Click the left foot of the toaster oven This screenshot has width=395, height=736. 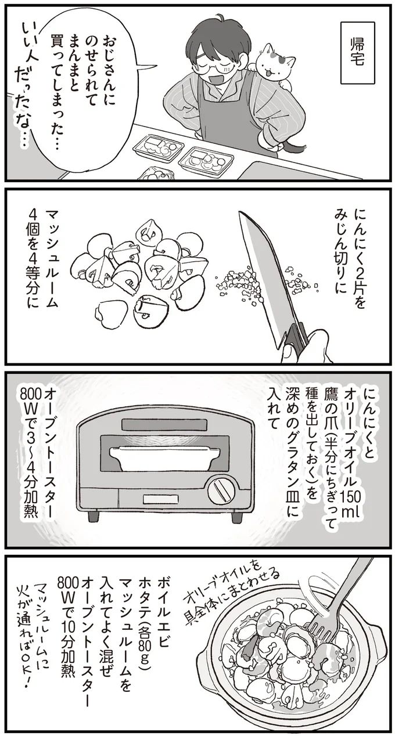click(x=93, y=517)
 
